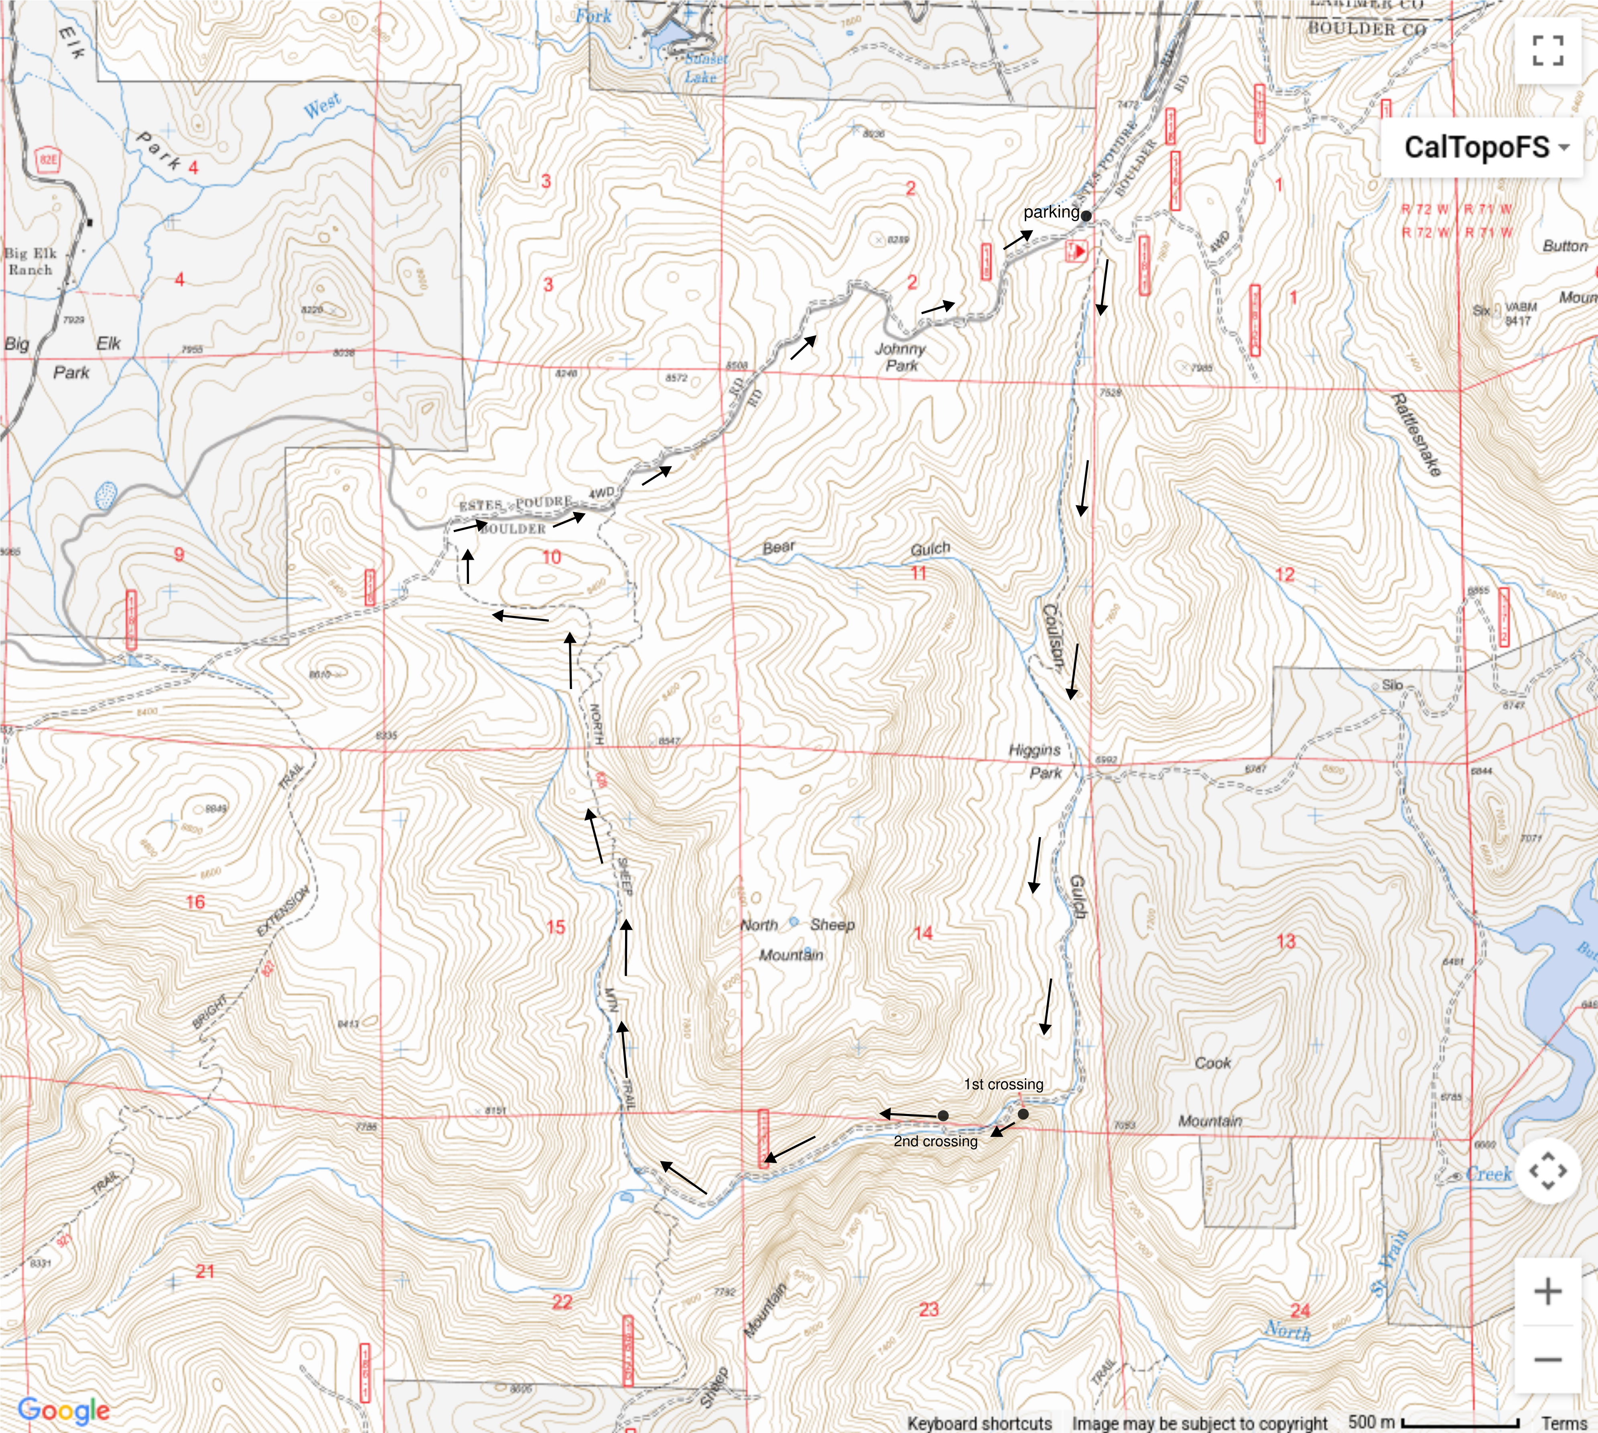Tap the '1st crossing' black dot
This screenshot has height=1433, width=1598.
[x=1023, y=1114]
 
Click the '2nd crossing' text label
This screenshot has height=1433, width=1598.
[x=935, y=1141]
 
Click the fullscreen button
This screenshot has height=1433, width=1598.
[x=1547, y=51]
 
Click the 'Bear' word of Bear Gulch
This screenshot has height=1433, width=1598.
[x=778, y=547]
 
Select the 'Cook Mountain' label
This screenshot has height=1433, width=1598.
[x=1211, y=1091]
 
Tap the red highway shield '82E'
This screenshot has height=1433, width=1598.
[x=48, y=160]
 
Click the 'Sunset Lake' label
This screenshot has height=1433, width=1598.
[x=703, y=68]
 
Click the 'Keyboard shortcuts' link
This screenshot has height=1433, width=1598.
[x=979, y=1423]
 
